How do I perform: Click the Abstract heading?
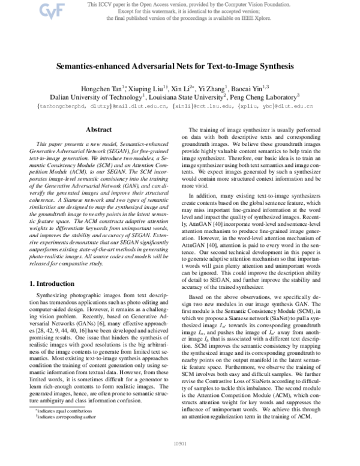click(98, 129)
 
